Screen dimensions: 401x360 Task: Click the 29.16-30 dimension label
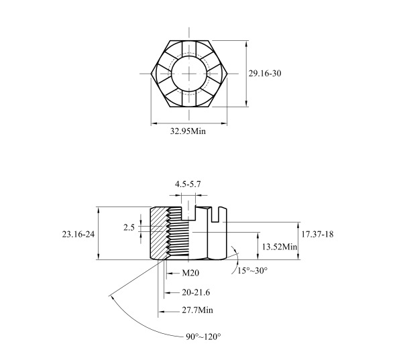click(265, 74)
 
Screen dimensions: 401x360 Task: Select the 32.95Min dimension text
click(188, 131)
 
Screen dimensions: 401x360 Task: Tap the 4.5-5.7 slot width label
click(188, 184)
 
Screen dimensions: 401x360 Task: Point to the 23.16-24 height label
click(78, 234)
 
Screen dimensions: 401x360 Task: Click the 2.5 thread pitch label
click(129, 227)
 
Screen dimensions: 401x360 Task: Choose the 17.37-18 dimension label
click(317, 234)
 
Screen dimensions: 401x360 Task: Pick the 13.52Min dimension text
click(280, 247)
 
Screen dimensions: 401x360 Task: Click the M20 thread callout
click(190, 274)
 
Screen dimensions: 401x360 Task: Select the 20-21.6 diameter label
click(196, 292)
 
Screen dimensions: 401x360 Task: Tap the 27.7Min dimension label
click(197, 310)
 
